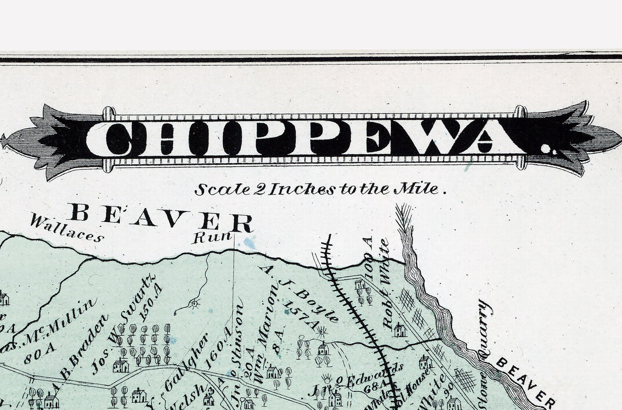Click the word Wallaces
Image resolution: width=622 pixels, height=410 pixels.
[x=67, y=228]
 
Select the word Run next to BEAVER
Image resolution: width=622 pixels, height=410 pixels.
[x=212, y=237]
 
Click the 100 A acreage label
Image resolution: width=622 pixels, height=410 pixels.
[x=367, y=256]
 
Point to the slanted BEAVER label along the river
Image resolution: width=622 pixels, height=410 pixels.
[x=525, y=382]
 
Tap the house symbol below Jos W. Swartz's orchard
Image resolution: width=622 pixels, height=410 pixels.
[x=121, y=365]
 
